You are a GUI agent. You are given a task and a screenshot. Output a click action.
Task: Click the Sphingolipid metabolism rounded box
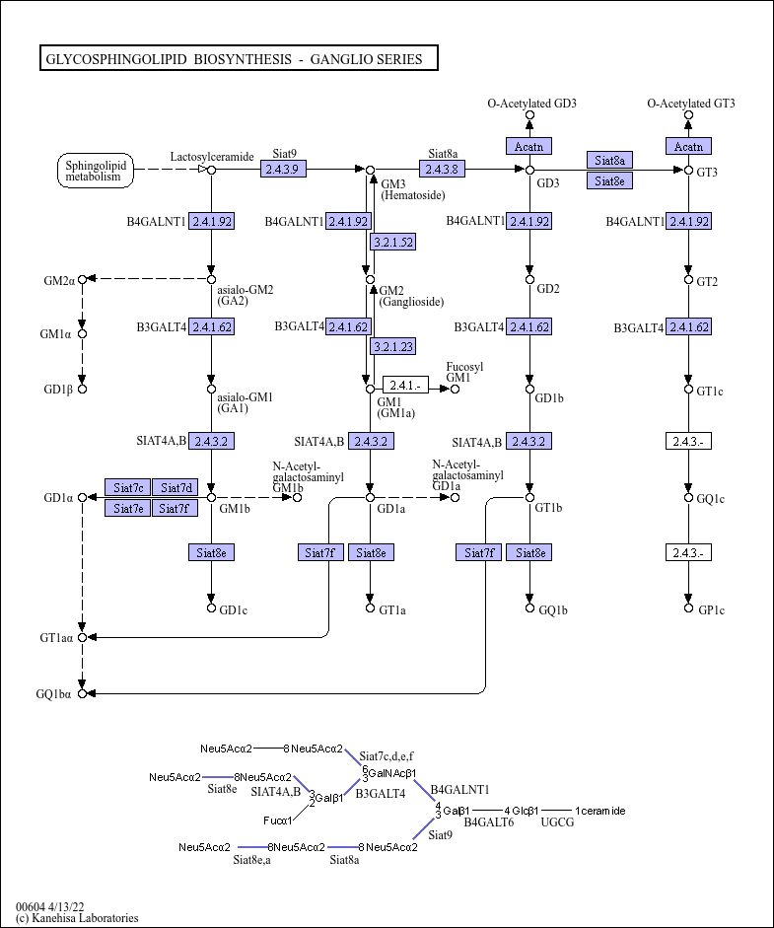(x=94, y=171)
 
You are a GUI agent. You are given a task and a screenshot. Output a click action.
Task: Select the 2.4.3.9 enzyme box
(x=285, y=170)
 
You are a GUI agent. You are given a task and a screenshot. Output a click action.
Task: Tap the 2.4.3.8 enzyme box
(x=443, y=170)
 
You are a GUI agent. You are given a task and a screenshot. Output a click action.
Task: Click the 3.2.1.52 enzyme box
(x=392, y=242)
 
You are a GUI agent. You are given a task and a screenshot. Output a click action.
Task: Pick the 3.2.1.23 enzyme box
(x=392, y=346)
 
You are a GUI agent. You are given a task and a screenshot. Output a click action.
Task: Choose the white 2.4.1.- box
(x=405, y=386)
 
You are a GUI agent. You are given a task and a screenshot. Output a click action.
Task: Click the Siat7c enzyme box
(x=128, y=487)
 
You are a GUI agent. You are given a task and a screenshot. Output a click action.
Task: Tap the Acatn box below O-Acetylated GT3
(x=688, y=147)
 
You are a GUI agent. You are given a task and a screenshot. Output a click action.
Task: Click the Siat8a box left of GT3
(x=609, y=160)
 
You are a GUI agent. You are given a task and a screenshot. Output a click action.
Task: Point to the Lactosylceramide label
(x=212, y=156)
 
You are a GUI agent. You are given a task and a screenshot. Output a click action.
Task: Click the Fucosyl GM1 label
(x=464, y=371)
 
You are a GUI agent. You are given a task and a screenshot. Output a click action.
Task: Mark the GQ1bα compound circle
(x=83, y=694)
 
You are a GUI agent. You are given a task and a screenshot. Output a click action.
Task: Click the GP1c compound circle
(x=688, y=608)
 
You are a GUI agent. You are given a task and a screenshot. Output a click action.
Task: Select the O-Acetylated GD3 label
(x=531, y=104)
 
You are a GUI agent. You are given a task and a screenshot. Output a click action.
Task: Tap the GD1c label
(x=233, y=609)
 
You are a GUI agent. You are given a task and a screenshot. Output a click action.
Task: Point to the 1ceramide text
(x=599, y=811)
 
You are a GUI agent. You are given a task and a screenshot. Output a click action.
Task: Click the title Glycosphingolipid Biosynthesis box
(x=238, y=59)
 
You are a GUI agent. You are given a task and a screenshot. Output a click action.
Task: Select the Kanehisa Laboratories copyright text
(x=77, y=918)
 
